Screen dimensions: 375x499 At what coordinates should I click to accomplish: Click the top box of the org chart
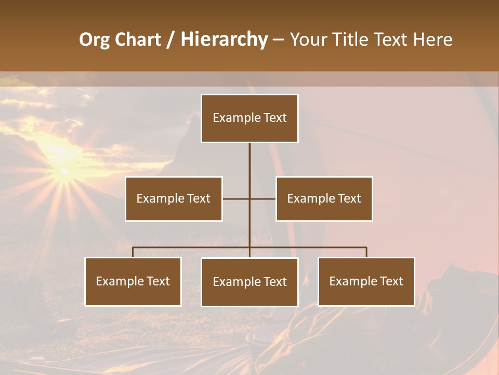point(249,118)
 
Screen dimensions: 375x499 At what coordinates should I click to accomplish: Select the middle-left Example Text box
point(174,198)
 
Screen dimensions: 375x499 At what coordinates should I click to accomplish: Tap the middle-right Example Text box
point(324,198)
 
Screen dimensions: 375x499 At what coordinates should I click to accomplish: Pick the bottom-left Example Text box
point(133,281)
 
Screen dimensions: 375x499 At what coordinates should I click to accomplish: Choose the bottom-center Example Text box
point(249,282)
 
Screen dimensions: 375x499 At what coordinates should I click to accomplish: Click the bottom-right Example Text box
point(366,281)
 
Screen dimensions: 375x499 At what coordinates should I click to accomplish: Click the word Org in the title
point(94,40)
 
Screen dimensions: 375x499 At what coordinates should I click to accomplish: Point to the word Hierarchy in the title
point(224,40)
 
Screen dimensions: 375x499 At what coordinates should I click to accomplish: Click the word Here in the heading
point(432,40)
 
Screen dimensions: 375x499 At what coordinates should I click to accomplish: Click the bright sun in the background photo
point(64,171)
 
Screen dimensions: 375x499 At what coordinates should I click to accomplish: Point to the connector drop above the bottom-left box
point(133,252)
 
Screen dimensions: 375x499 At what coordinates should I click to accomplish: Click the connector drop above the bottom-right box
point(366,252)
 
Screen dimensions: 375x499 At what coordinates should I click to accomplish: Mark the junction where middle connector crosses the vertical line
point(249,198)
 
